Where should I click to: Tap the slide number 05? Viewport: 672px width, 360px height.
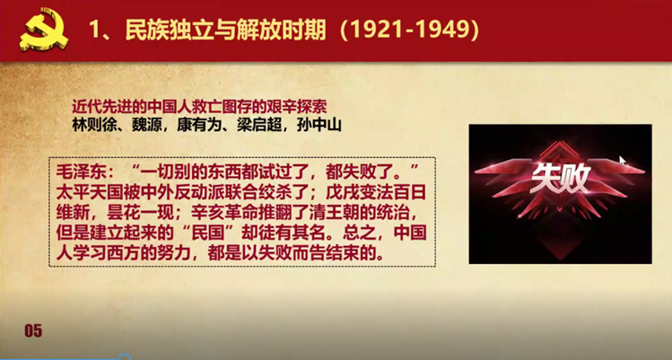point(32,331)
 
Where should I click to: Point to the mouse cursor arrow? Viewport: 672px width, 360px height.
point(622,162)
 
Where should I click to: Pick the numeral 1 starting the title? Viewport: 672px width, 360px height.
point(95,30)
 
